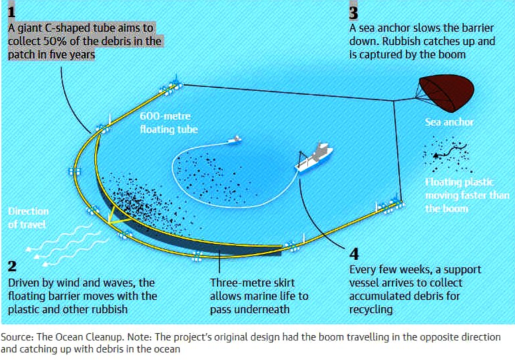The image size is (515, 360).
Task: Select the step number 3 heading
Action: [x=353, y=11]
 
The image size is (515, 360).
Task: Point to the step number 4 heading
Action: [x=354, y=254]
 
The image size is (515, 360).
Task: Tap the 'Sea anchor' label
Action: [x=449, y=123]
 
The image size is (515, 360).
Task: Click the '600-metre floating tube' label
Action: [x=169, y=123]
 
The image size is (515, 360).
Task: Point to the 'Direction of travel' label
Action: [x=28, y=218]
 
